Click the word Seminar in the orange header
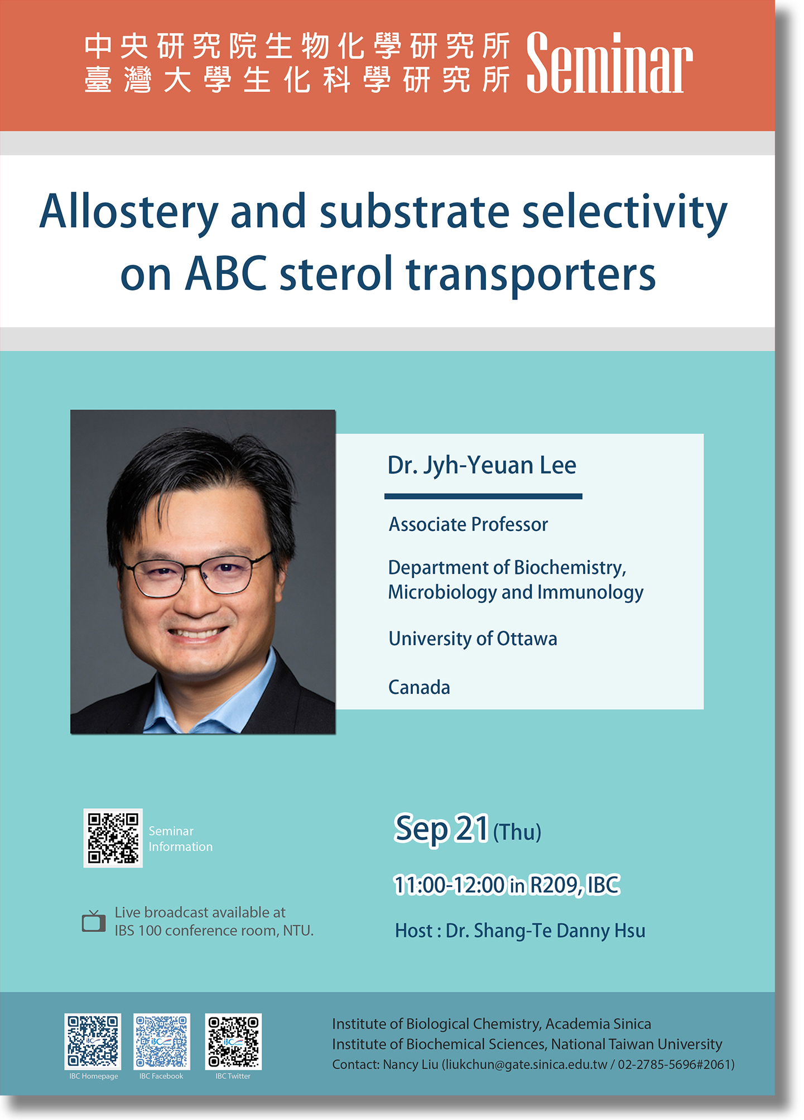click(x=609, y=62)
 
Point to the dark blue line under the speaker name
click(x=483, y=496)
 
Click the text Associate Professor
click(x=468, y=524)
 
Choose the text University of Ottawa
click(x=473, y=639)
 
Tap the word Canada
click(x=419, y=687)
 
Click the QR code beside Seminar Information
click(x=113, y=838)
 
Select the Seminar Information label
click(x=180, y=839)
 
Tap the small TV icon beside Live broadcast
click(x=94, y=921)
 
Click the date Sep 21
click(x=441, y=829)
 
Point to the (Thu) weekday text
click(x=517, y=832)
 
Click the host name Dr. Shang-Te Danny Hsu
click(x=546, y=931)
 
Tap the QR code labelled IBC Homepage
click(x=93, y=1041)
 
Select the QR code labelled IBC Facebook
click(x=162, y=1041)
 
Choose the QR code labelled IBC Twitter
click(x=233, y=1041)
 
